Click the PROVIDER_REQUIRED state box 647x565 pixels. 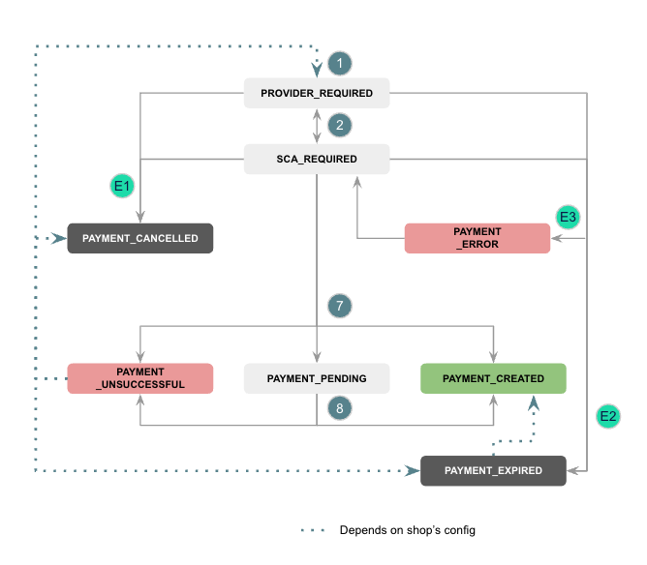[317, 94]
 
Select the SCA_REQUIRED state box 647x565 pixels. [317, 159]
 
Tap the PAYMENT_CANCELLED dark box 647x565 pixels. [139, 238]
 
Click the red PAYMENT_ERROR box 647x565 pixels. [477, 238]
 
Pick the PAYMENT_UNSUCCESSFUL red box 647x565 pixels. [139, 378]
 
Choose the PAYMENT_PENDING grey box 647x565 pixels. [317, 378]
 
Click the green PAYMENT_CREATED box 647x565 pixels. [493, 378]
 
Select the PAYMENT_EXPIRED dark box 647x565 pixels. [493, 471]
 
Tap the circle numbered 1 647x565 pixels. [339, 64]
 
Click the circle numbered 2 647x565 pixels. [339, 125]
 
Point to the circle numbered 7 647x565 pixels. [339, 306]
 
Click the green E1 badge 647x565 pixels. [123, 184]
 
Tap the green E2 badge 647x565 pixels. [608, 417]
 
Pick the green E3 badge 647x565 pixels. [568, 216]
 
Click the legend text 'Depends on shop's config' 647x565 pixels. [407, 530]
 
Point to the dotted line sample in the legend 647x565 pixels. [313, 530]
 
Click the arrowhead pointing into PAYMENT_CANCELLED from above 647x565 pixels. [139, 219]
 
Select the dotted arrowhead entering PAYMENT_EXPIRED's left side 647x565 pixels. [413, 471]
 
